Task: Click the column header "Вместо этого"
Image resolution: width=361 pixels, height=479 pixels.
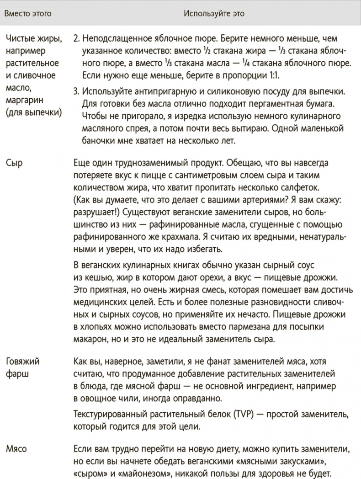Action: point(28,14)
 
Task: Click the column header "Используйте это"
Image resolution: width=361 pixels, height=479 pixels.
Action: point(214,14)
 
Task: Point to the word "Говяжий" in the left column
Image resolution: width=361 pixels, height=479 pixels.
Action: point(22,362)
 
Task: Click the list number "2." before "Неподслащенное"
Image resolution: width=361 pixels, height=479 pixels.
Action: point(76,37)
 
